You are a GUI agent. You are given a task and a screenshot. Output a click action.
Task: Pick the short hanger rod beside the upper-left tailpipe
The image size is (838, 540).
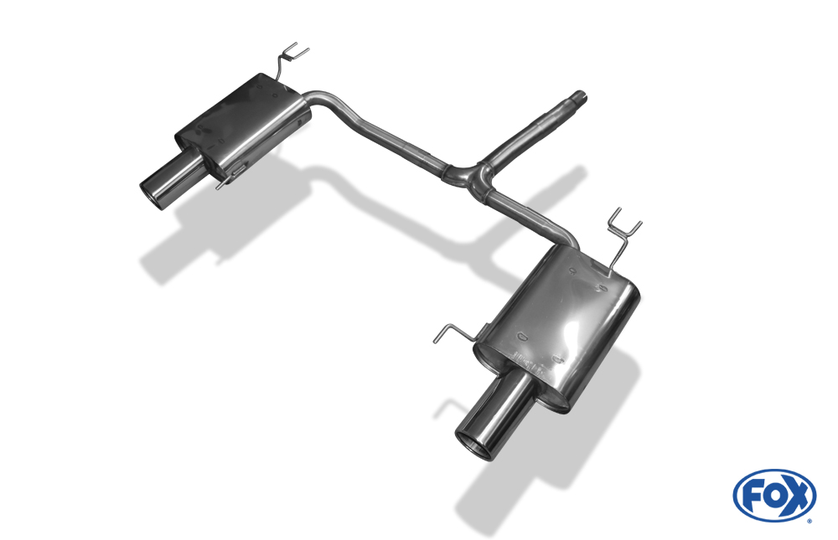coord(230,177)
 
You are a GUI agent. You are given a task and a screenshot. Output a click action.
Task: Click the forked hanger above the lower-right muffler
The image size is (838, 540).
coord(623,235)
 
